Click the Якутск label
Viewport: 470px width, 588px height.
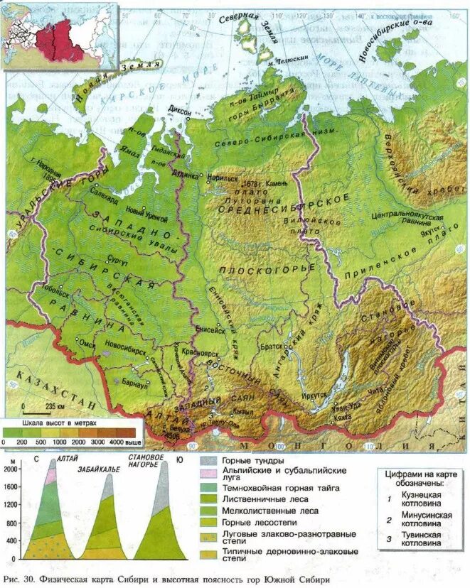tap(429, 231)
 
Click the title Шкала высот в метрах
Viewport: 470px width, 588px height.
tap(57, 423)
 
